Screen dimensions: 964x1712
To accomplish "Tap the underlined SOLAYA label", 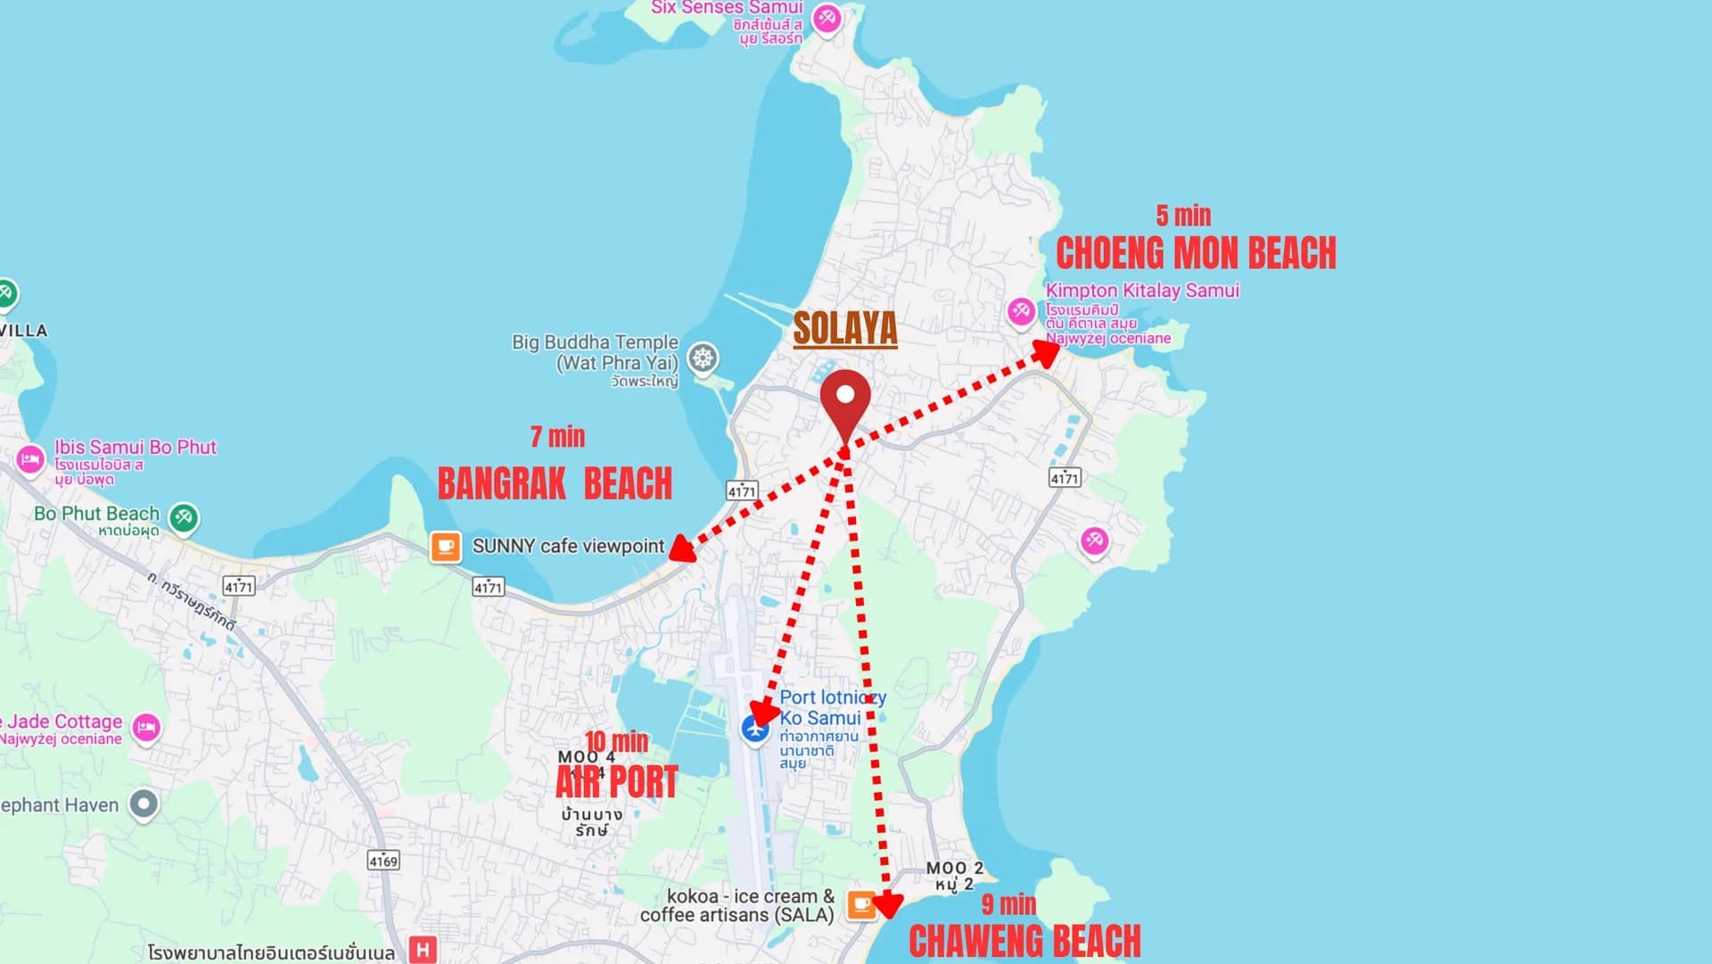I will click(845, 328).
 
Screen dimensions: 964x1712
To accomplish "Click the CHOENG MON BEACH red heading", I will click(1196, 253).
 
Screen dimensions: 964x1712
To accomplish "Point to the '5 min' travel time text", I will click(1183, 216).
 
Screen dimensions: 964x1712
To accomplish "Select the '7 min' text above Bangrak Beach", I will click(557, 436).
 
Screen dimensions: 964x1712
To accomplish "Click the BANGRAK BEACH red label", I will click(555, 484).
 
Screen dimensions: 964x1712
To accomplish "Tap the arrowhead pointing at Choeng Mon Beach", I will click(1048, 352).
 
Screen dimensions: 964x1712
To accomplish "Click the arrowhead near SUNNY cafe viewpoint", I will click(682, 549).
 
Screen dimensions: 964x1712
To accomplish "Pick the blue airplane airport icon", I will click(755, 729).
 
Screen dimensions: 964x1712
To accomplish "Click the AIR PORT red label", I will click(617, 782).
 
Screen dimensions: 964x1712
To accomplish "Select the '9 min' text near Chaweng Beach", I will click(1008, 904).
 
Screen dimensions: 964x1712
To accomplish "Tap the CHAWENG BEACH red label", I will click(1025, 942).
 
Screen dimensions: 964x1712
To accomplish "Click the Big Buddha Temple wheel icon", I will click(703, 358).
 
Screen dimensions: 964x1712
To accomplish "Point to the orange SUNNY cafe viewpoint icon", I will click(446, 547).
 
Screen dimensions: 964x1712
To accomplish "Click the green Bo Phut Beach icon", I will click(184, 517).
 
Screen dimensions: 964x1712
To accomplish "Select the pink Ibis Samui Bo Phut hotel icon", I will click(30, 460).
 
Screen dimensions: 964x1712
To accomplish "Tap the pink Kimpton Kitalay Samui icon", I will click(1021, 312).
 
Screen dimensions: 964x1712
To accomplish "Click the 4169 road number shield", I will click(383, 861).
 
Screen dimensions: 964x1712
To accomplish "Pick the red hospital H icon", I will click(423, 950).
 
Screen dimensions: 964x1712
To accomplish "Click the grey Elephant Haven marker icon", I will click(144, 804).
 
